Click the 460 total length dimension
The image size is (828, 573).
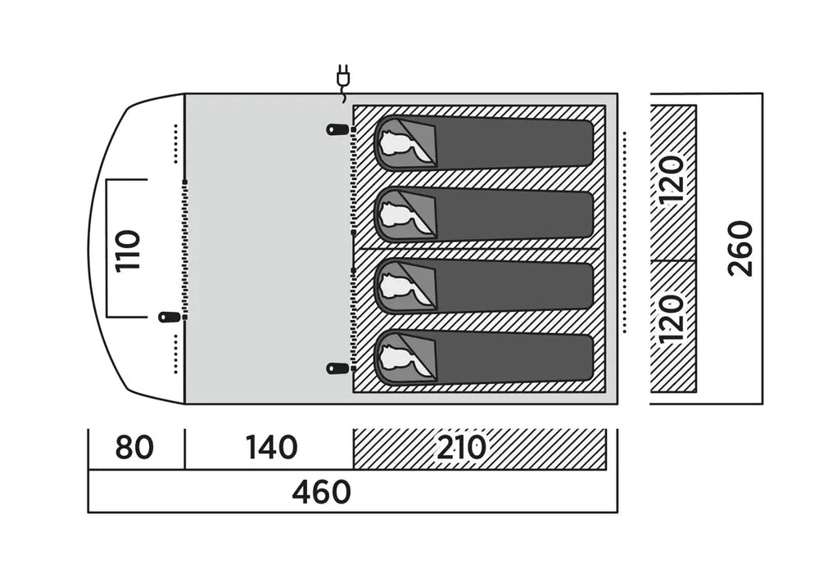321,492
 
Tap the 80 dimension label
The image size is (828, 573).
134,449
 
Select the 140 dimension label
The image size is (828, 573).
271,449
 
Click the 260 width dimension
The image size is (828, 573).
740,248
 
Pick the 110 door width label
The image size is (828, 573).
129,250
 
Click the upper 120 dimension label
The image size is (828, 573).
672,179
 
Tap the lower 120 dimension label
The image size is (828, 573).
672,318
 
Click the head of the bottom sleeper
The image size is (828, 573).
400,358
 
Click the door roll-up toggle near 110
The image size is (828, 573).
170,317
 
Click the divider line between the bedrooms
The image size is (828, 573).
483,249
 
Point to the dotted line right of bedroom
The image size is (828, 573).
624,233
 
